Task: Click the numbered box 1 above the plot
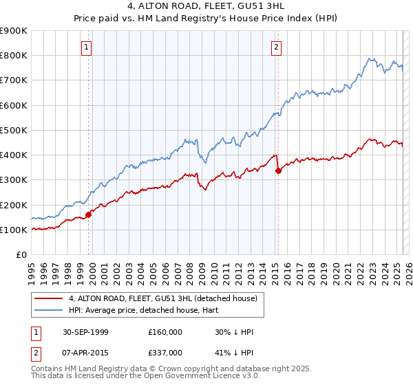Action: coord(86,47)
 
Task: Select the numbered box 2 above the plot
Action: coord(276,47)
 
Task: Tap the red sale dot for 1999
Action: coord(89,215)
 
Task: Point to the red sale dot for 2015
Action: coord(278,171)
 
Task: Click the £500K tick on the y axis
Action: coord(14,130)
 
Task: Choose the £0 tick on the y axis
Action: coord(21,255)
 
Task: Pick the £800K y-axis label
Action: coord(14,56)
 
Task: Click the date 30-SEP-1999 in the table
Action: coord(85,332)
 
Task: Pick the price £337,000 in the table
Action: coord(165,353)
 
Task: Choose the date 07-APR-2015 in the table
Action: coord(85,353)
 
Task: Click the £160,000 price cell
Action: coord(165,332)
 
